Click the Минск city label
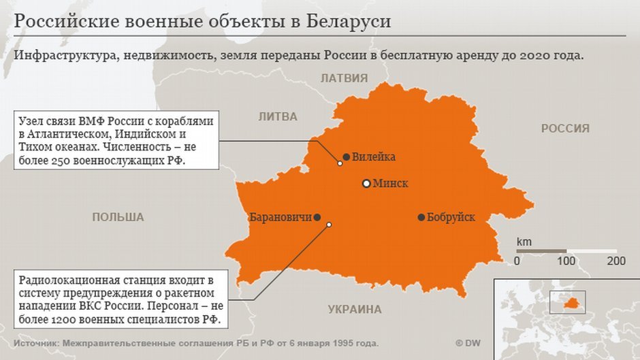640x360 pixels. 391,184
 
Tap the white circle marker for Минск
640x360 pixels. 366,184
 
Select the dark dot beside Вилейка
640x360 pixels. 347,157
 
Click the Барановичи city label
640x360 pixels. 281,218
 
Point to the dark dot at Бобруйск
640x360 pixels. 421,218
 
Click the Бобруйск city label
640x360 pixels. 451,218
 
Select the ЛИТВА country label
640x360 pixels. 278,116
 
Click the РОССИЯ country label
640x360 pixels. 565,128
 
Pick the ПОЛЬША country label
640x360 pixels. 118,217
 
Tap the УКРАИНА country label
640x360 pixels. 355,310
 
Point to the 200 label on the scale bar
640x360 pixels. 615,261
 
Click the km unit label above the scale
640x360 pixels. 524,242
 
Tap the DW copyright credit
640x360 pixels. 468,344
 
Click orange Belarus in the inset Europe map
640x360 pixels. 575,299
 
